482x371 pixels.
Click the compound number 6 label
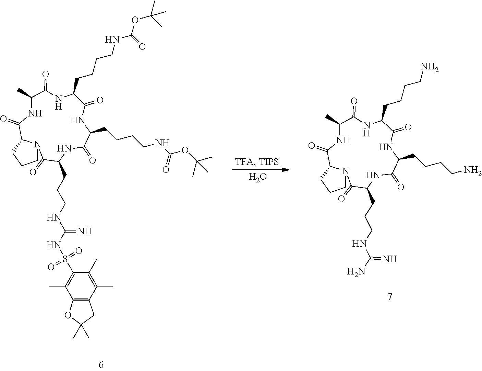[x=101, y=364]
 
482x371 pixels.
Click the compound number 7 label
[x=389, y=297]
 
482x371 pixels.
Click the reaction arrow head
[x=285, y=170]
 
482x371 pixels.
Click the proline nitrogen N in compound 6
[x=38, y=144]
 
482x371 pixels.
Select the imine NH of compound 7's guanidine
[x=388, y=258]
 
